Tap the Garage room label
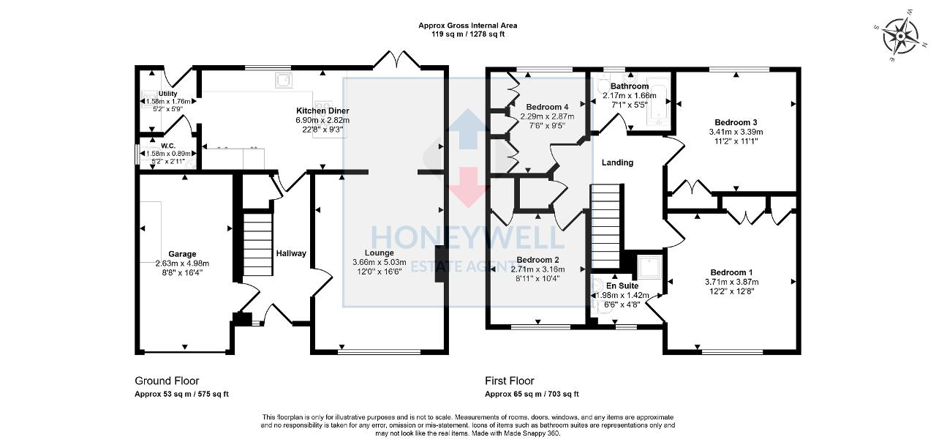tap(182, 254)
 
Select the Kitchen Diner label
tap(322, 111)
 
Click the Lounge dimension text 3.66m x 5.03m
tap(379, 262)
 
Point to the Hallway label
tap(291, 253)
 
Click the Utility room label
tap(167, 94)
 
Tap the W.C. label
tap(168, 146)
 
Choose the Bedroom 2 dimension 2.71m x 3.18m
tap(537, 269)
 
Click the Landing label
tap(617, 163)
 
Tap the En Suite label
tap(622, 285)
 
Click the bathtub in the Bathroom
tap(659, 105)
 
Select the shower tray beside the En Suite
tap(649, 267)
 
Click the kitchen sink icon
tap(284, 80)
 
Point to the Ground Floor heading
tap(167, 381)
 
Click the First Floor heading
tap(510, 381)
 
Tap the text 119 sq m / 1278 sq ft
tap(468, 34)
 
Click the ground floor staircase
tap(257, 242)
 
